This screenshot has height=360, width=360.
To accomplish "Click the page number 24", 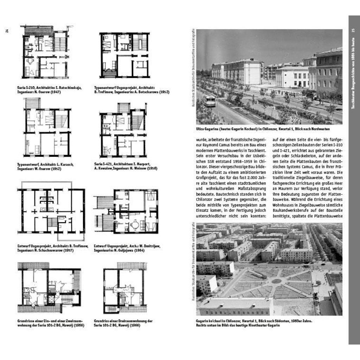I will pos(7,31).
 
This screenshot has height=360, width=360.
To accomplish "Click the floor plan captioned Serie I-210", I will pos(45,52).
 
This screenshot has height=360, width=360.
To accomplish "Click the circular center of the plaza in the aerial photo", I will pos(277,281).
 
